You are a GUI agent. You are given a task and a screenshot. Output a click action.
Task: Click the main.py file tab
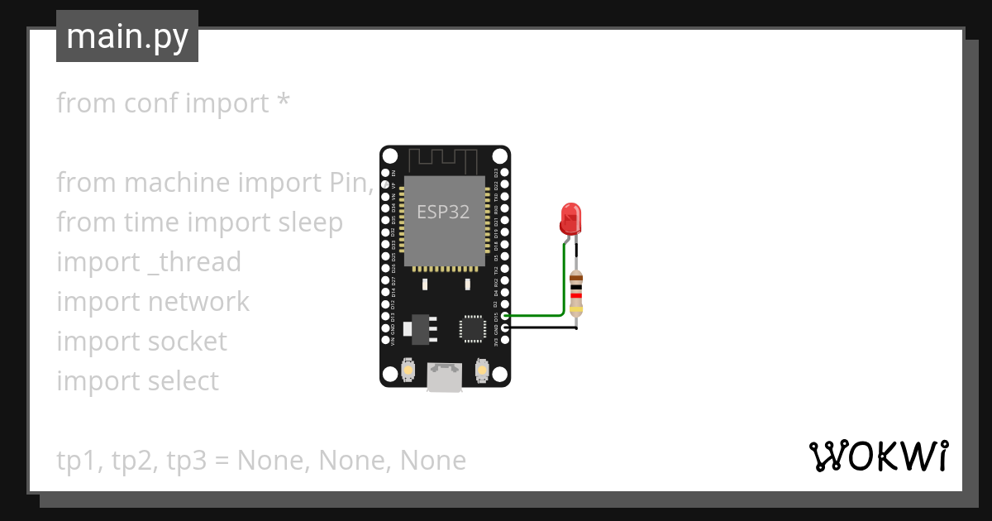(x=126, y=37)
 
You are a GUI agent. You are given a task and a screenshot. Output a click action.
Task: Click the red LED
(x=570, y=218)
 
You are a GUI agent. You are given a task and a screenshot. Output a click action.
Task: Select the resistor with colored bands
(x=576, y=294)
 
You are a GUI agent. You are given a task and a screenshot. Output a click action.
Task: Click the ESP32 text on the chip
(x=442, y=212)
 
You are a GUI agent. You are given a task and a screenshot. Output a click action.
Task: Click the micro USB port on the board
(x=445, y=377)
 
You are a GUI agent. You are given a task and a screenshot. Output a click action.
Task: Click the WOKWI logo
(x=878, y=456)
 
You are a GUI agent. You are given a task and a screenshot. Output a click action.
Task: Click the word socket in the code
(x=187, y=342)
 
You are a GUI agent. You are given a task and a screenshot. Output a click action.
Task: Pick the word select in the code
(x=184, y=381)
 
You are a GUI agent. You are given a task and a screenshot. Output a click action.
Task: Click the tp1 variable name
(x=75, y=461)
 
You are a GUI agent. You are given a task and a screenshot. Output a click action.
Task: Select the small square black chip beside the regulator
(x=474, y=327)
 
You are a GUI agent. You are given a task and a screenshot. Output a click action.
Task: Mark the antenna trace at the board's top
(x=445, y=160)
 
